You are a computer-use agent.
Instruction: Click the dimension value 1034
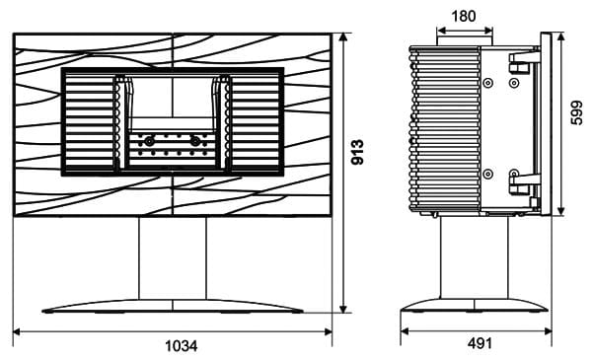coord(182,345)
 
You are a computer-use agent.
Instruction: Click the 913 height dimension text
coord(357,152)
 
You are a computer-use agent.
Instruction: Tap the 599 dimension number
coord(576,112)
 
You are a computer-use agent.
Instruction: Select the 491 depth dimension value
coord(480,344)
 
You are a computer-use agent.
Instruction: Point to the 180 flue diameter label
coord(464,16)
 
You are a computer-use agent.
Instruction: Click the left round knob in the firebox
coord(150,141)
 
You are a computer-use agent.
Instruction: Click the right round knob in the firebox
coord(195,141)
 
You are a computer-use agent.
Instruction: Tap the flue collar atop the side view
coord(465,41)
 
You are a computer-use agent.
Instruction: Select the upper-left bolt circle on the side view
coord(488,82)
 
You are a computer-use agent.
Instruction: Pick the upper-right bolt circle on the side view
coord(514,82)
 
